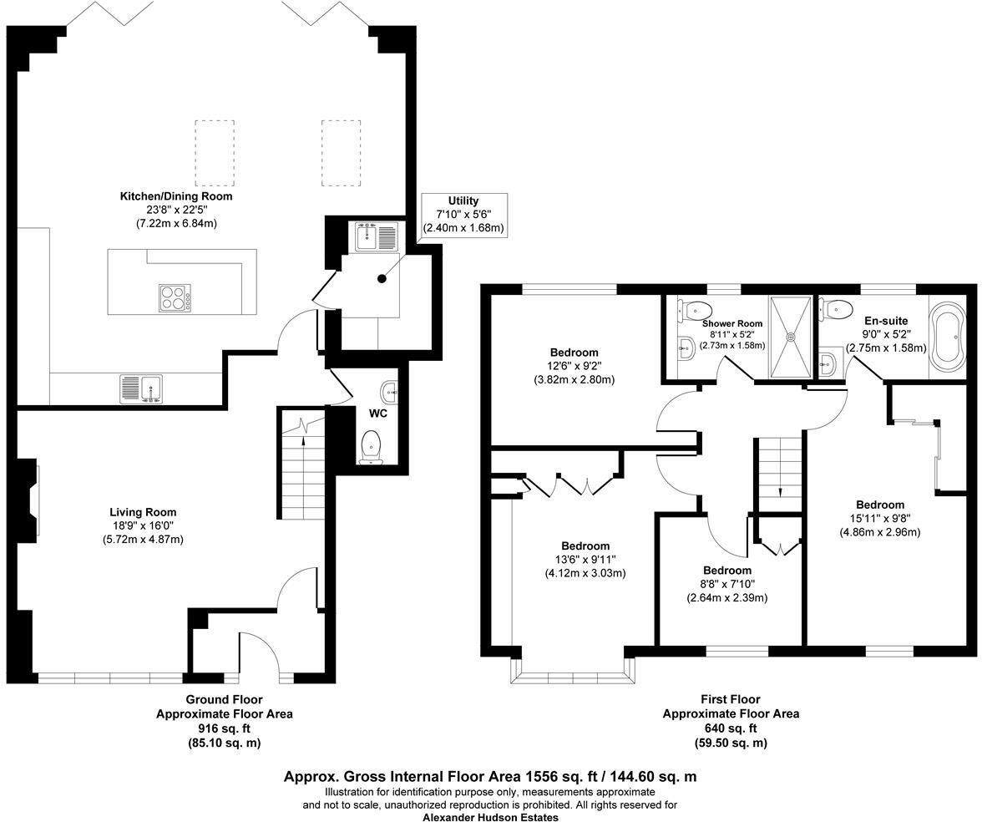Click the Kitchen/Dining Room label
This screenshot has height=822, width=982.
tap(176, 196)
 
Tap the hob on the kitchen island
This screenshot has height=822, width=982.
tap(175, 297)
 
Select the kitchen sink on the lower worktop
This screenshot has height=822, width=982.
tap(142, 389)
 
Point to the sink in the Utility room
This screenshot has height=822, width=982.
tap(368, 236)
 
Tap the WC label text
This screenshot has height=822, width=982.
tap(377, 414)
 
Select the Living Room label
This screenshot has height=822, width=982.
tap(143, 512)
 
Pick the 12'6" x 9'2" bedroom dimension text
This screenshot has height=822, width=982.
tap(574, 366)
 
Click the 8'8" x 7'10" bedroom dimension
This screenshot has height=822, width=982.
tap(726, 584)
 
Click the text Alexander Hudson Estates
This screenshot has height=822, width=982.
tap(490, 818)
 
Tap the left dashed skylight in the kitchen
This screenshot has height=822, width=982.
tap(215, 152)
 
